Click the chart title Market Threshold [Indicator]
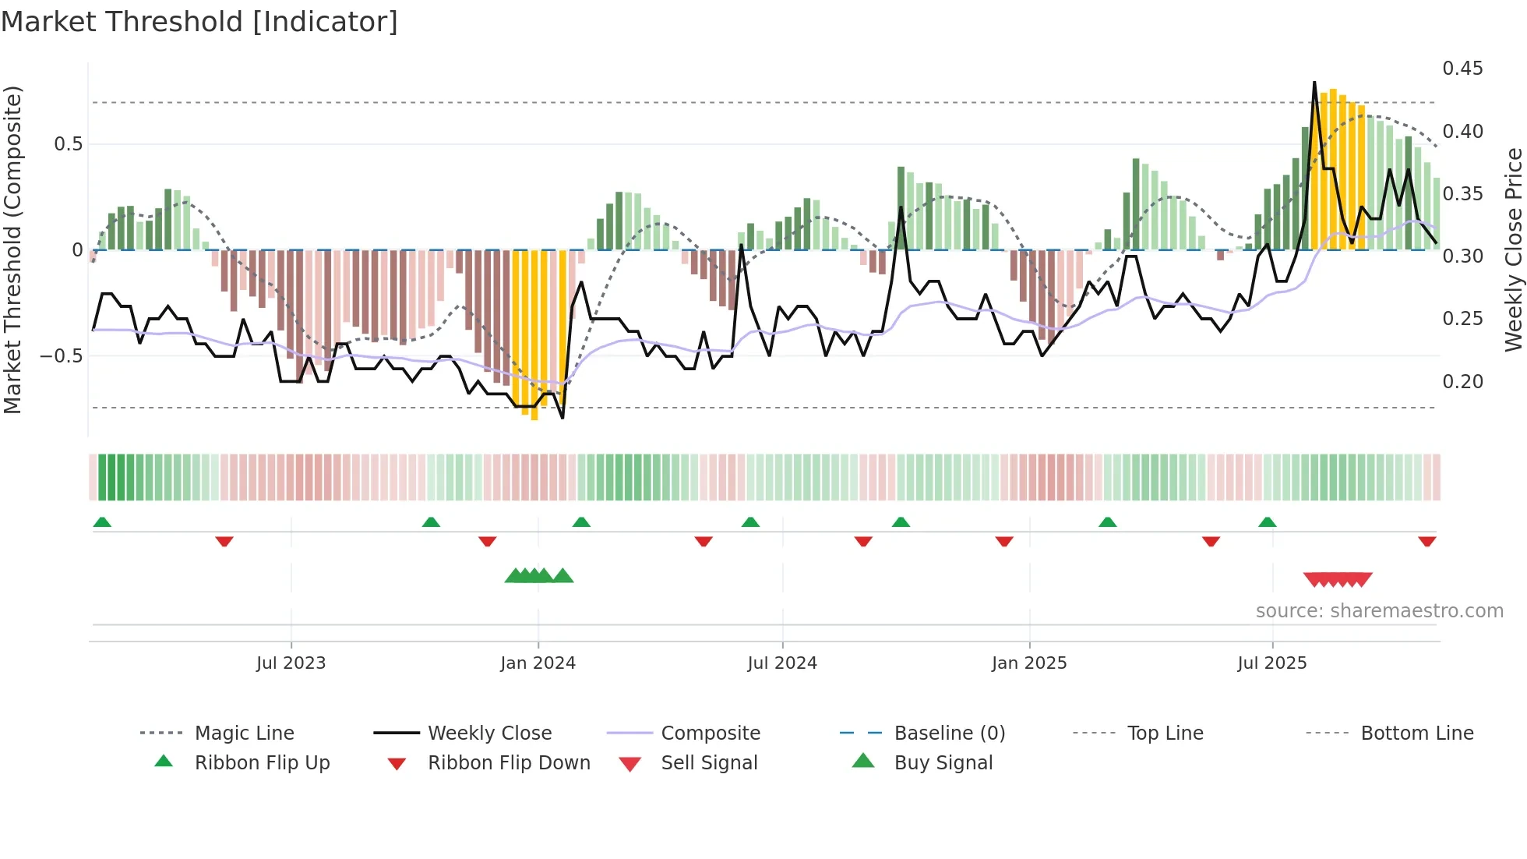point(199,22)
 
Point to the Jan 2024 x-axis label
point(538,663)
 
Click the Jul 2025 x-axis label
point(1271,663)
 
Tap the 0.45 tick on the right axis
point(1462,69)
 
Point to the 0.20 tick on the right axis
point(1462,382)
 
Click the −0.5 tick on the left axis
point(61,356)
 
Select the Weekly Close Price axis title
point(1513,249)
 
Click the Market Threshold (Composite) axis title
point(12,249)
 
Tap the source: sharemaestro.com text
point(1379,611)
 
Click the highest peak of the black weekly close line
point(1314,83)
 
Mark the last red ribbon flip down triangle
point(1426,541)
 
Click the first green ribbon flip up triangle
point(102,522)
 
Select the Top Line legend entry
point(1165,734)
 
